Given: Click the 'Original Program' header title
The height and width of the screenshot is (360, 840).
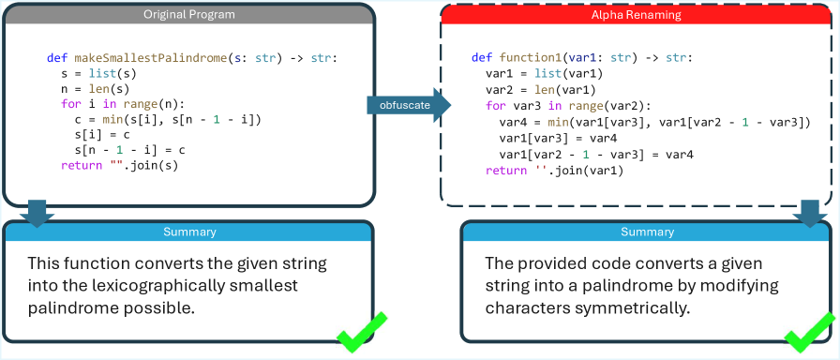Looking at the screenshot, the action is pos(188,14).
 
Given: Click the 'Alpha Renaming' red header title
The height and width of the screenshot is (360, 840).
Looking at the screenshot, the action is pos(636,15).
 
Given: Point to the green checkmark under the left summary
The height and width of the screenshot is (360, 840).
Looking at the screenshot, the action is pos(362,333).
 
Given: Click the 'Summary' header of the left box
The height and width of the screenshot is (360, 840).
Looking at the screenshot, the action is pos(189,232).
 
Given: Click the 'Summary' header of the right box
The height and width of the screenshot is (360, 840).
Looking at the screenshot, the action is pos(647,232).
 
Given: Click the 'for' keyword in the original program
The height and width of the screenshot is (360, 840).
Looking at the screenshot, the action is pos(69,103).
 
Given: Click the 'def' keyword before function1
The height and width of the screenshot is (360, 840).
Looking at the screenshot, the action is pos(480,58).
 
